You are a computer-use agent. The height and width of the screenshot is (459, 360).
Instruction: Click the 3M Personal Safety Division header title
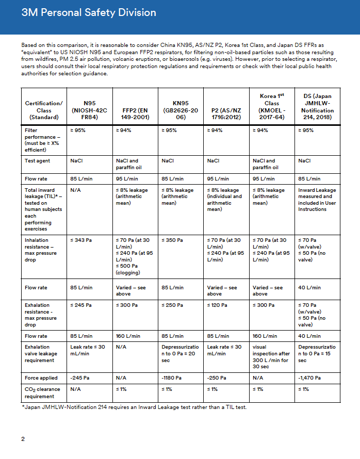coord(89,12)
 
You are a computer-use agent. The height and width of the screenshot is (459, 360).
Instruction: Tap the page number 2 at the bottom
coord(23,439)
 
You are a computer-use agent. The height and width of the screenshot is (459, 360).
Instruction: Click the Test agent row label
coord(38,161)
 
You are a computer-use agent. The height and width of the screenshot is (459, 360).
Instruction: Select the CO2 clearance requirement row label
coord(42,392)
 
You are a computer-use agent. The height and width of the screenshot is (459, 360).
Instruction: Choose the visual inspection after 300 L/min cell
coord(271,357)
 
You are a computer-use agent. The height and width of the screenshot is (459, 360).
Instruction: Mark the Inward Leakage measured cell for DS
coord(317,200)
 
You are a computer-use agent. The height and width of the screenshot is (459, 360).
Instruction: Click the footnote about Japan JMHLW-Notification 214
coord(134,408)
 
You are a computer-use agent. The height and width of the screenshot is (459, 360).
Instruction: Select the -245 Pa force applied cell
coord(80,378)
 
